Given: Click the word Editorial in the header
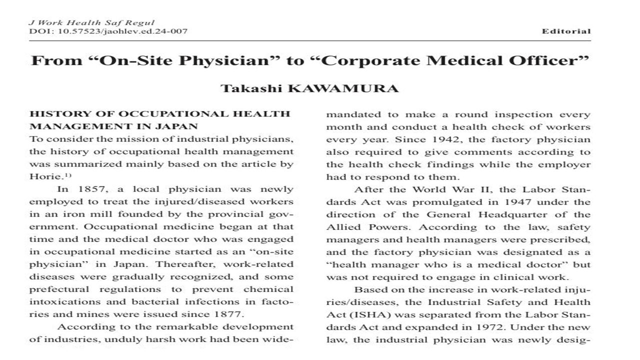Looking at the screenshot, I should [566, 31].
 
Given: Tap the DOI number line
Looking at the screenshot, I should [108, 31].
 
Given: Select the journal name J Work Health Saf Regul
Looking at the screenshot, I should [92, 22].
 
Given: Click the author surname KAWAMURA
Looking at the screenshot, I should [357, 89].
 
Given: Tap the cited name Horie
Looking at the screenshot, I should [42, 176].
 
